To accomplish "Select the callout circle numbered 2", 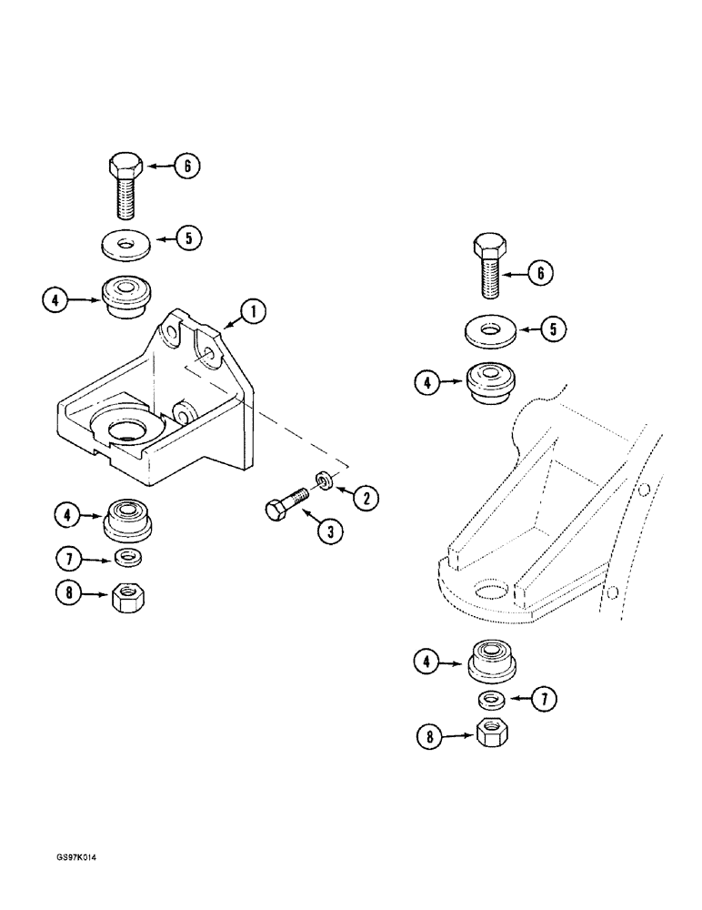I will point(366,497).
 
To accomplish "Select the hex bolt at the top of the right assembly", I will point(488,266).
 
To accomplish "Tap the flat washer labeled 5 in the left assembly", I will point(125,244).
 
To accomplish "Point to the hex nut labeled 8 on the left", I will point(125,598).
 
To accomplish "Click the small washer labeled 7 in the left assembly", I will point(127,557).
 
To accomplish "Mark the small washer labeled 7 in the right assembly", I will point(492,699).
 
